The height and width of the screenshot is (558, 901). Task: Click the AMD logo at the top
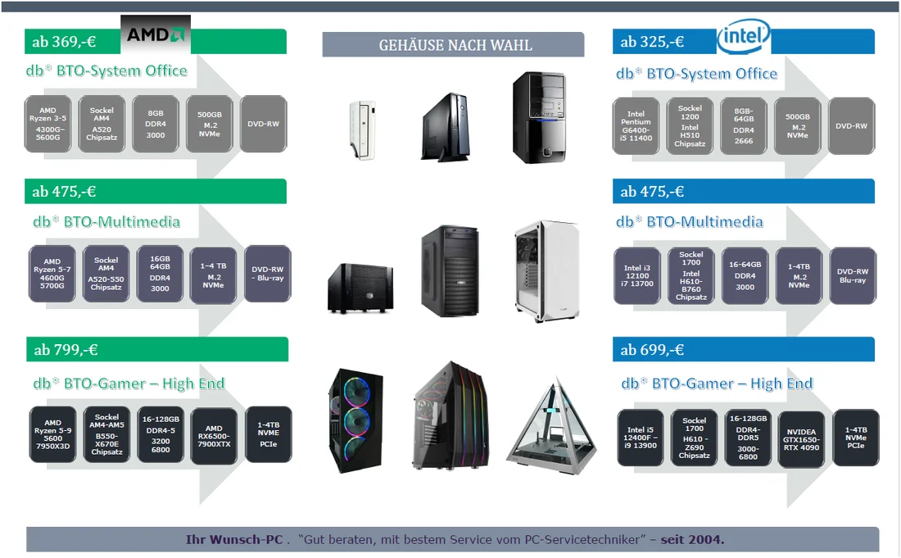(156, 34)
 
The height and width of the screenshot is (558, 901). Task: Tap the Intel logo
(744, 36)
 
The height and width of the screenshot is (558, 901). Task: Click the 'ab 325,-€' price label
(652, 42)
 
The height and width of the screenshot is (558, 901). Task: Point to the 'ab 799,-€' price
(66, 350)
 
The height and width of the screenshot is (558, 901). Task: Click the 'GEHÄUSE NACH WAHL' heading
(455, 45)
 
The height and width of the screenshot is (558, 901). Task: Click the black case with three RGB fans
(355, 420)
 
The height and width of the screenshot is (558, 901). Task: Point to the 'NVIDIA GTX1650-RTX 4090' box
(801, 439)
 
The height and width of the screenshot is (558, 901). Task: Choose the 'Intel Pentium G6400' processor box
(636, 125)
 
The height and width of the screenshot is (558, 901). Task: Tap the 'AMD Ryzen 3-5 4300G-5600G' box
(48, 124)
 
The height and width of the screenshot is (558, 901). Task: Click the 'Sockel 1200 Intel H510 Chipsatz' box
(690, 125)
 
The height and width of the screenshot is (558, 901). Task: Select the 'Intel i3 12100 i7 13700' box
(637, 276)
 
